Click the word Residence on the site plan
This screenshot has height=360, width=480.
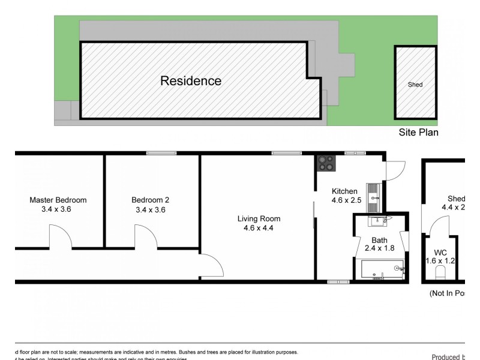[x=191, y=81]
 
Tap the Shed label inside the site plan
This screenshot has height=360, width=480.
[x=415, y=85]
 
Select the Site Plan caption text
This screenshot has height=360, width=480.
[x=418, y=132]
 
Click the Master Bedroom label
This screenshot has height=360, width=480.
[x=58, y=200]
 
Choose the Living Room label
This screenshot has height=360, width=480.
[x=258, y=218]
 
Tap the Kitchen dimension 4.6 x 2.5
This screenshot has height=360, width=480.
[x=347, y=200]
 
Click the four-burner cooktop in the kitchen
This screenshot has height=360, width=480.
[x=328, y=161]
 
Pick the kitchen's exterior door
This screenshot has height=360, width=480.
[x=395, y=171]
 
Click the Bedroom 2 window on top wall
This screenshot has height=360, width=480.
[x=157, y=153]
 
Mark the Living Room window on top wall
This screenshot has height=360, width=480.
[x=282, y=153]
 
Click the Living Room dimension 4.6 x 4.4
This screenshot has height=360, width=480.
[x=258, y=228]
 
